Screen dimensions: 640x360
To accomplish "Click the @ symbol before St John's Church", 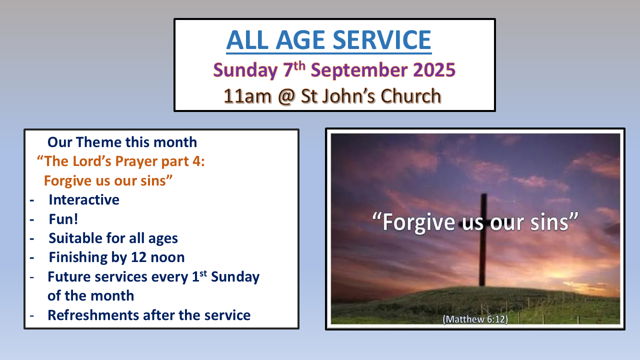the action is click(286, 96).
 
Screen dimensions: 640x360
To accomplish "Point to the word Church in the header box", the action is click(411, 96).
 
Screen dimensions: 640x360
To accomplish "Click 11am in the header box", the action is click(247, 96).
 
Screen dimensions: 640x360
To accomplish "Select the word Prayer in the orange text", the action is click(136, 162).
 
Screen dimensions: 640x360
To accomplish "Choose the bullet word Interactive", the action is click(84, 199).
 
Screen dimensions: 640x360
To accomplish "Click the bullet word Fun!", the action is click(63, 219).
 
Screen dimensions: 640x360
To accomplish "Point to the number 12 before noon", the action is click(139, 257).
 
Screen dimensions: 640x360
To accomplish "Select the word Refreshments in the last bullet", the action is click(93, 315).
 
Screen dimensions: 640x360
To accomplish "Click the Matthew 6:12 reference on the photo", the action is click(475, 319).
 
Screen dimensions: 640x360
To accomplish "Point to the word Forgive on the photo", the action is click(419, 223).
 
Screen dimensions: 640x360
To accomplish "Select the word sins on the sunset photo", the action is click(549, 222).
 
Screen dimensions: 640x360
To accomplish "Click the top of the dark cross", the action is click(483, 194).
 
